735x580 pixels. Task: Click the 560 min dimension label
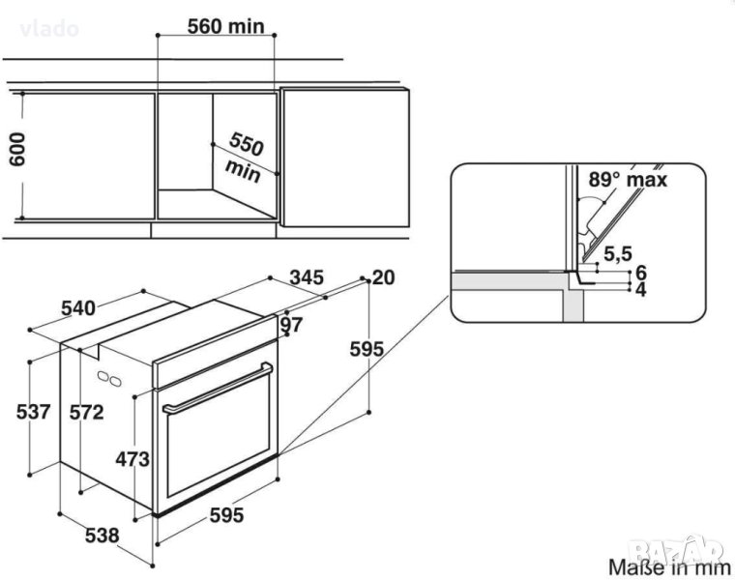226,26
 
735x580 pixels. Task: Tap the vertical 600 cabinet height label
17,149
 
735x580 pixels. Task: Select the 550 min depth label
244,157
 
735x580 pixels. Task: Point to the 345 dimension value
307,277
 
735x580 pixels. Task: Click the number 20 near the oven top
383,277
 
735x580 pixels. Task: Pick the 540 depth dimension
78,308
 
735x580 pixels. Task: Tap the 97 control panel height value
291,324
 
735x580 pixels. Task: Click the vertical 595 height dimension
367,349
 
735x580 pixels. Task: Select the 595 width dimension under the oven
226,515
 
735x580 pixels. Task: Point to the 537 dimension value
33,412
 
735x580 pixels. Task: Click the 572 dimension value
87,412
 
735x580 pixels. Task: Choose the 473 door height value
132,459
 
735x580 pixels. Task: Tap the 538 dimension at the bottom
103,535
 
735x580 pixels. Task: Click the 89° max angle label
628,180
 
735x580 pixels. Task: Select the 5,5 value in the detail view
618,254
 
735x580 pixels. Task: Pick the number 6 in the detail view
641,273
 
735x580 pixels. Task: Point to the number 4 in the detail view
641,290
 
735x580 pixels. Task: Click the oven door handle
218,388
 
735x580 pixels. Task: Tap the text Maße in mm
669,567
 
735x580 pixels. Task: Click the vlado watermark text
49,29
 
